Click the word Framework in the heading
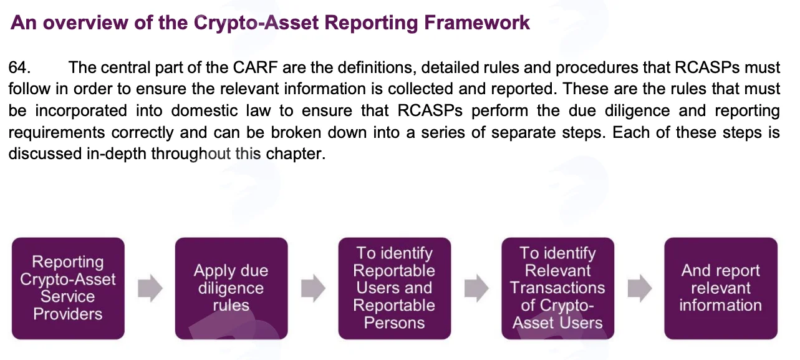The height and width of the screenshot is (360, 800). [x=476, y=22]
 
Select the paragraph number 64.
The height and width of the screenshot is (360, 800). [x=20, y=67]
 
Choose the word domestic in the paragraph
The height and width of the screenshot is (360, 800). [x=205, y=110]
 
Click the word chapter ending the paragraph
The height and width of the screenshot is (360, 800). [x=296, y=154]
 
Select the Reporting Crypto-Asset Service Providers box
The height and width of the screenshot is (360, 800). [x=68, y=288]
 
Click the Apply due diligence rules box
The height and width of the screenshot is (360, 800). [x=231, y=288]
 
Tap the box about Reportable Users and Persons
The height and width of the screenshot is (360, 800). [x=395, y=288]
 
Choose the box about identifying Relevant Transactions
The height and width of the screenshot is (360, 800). [x=558, y=288]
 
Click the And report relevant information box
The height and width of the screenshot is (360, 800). [x=721, y=288]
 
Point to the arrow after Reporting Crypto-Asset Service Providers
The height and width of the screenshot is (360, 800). [x=150, y=288]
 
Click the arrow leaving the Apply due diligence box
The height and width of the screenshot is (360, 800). [x=313, y=288]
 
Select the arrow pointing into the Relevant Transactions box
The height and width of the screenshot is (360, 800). [x=476, y=288]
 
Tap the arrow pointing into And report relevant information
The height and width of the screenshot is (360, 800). [x=640, y=288]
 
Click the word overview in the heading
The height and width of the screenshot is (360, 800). [x=85, y=22]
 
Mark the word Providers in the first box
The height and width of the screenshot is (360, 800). [x=68, y=314]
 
